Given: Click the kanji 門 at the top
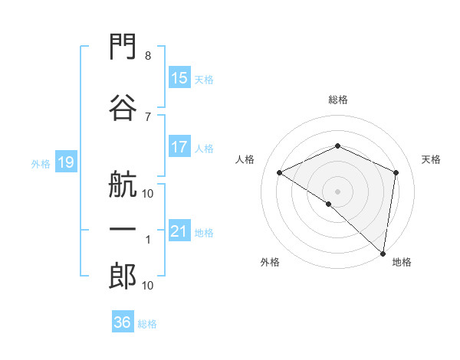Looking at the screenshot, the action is click(x=123, y=46).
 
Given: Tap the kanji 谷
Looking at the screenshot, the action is click(x=123, y=107).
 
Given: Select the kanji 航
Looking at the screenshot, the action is click(x=123, y=185).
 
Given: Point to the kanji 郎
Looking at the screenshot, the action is click(x=123, y=277).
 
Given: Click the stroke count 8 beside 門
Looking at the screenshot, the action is click(x=148, y=56).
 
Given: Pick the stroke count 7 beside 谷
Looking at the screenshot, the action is click(x=148, y=117).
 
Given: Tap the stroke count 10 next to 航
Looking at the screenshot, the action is click(x=147, y=194).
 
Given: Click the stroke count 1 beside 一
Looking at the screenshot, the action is click(x=148, y=240).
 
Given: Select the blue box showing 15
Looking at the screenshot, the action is click(x=180, y=77).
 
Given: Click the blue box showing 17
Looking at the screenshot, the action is click(x=180, y=146).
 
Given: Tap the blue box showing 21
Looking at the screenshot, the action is click(x=180, y=230).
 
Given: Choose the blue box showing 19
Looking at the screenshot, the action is click(x=66, y=162).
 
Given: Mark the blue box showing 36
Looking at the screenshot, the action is click(x=123, y=321).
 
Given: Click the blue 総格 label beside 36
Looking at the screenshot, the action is click(x=147, y=324).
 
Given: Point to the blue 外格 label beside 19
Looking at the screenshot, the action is click(x=41, y=164).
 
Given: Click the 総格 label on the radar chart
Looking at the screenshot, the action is click(x=338, y=100).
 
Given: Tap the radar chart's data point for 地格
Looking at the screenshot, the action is click(x=383, y=254).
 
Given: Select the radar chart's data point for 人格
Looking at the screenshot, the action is click(x=280, y=172).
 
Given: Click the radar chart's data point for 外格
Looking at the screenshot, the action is click(x=329, y=204).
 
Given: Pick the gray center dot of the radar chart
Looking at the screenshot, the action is click(x=337, y=191).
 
